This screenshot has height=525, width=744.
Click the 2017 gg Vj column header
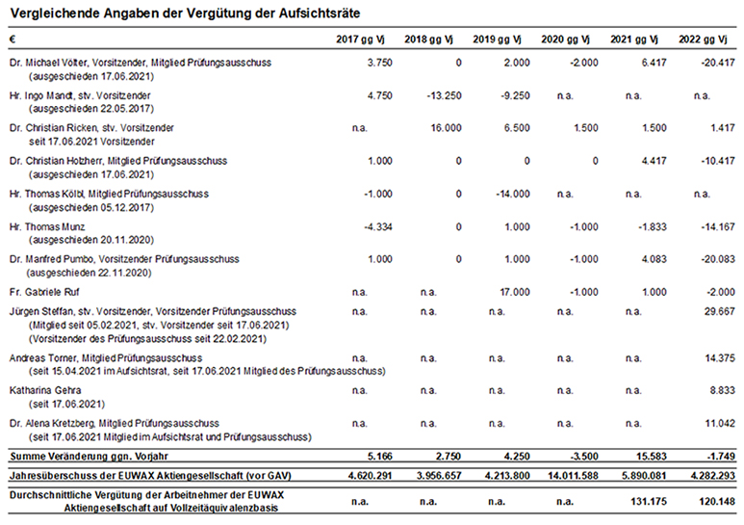coord(360,39)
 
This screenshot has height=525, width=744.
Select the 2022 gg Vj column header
coord(703,39)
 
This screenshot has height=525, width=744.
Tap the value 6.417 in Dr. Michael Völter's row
coord(654,63)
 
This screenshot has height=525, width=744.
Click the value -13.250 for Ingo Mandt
coord(444,95)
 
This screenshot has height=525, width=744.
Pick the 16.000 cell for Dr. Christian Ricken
coord(446,128)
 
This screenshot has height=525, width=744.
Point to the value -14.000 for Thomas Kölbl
coord(513,194)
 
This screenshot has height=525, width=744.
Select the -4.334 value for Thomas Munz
coord(378,227)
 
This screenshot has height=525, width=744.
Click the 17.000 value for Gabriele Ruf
coord(515,293)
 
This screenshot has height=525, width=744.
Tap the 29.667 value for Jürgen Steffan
coord(720,311)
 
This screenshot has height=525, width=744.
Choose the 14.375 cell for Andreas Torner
coord(720,358)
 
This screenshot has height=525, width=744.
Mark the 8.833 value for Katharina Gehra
coord(723,391)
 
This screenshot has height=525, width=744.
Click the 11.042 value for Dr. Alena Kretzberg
coord(720,424)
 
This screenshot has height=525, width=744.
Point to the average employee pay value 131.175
coord(649,501)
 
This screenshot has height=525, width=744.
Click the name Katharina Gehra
coord(45,391)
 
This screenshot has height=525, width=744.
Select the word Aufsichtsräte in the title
coord(320,13)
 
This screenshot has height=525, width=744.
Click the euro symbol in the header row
coord(13,39)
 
